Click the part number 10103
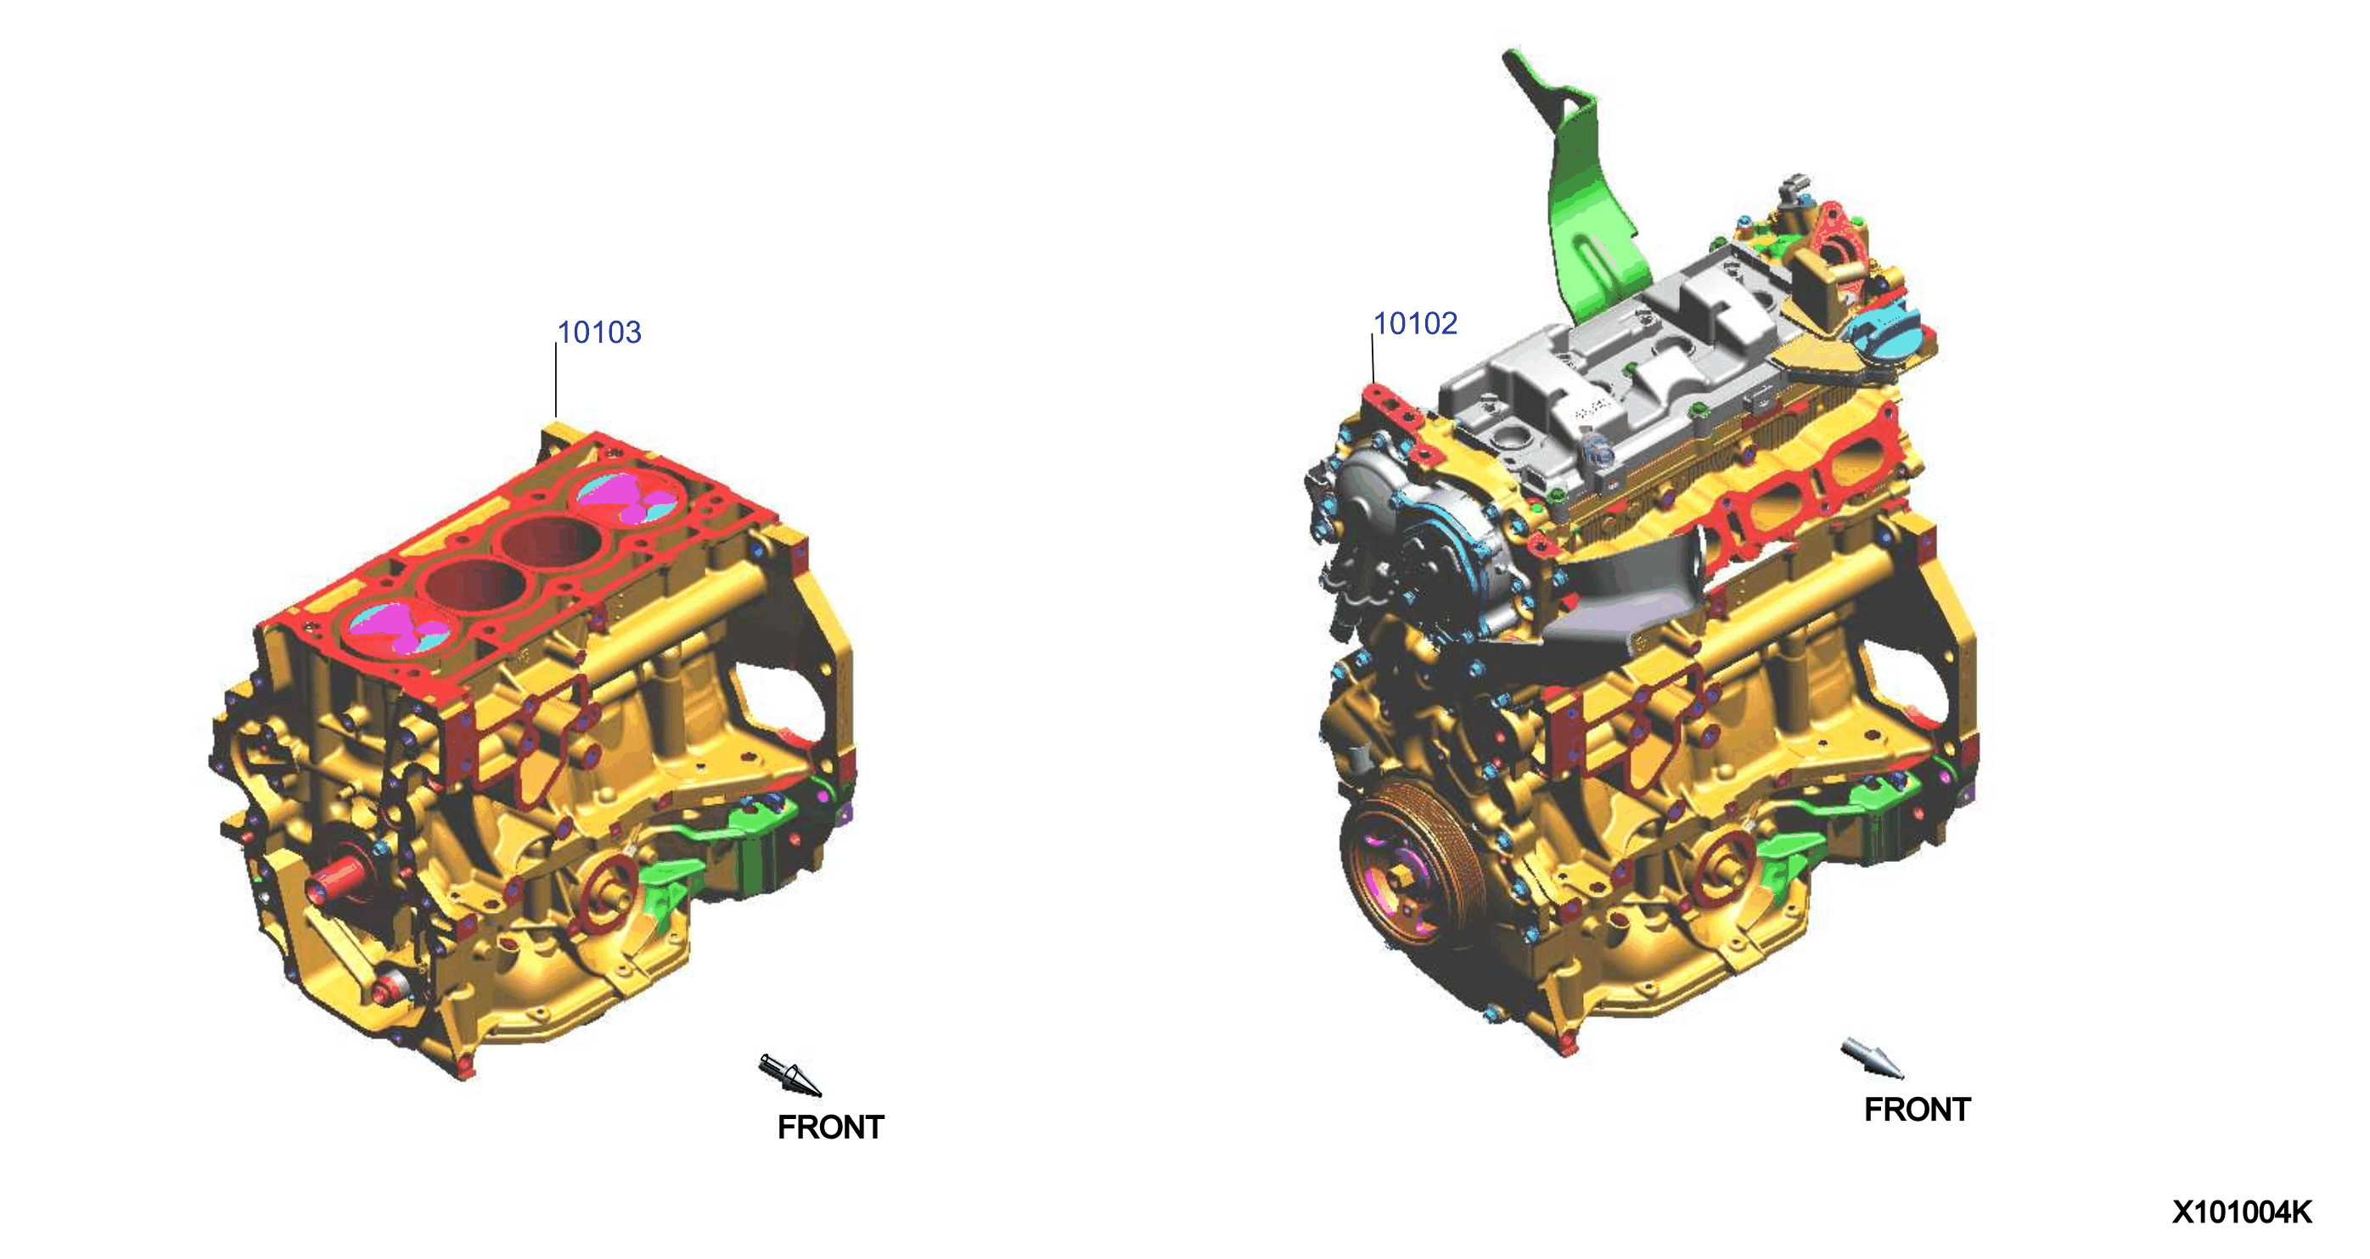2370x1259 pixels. [599, 332]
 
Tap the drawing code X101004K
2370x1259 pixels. [2242, 1212]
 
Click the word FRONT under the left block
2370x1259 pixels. [830, 1127]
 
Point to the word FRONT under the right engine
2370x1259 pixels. [1918, 1109]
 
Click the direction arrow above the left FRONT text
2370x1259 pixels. [789, 1075]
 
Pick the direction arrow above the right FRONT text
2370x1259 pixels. [1872, 1059]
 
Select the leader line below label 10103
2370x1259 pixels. [556, 381]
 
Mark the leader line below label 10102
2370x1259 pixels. [1373, 359]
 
